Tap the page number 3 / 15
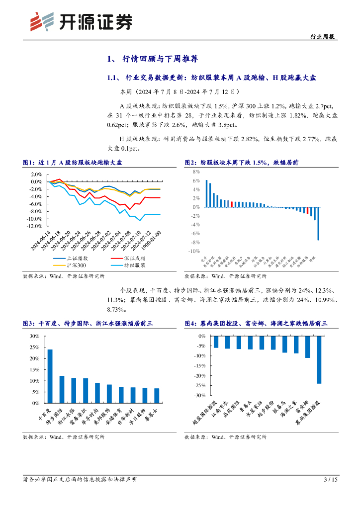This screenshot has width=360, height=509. click(x=330, y=479)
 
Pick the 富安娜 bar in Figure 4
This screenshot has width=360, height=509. click(x=307, y=347)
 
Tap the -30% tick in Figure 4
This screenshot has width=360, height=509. click(x=198, y=395)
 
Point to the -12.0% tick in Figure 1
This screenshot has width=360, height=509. click(x=34, y=226)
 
